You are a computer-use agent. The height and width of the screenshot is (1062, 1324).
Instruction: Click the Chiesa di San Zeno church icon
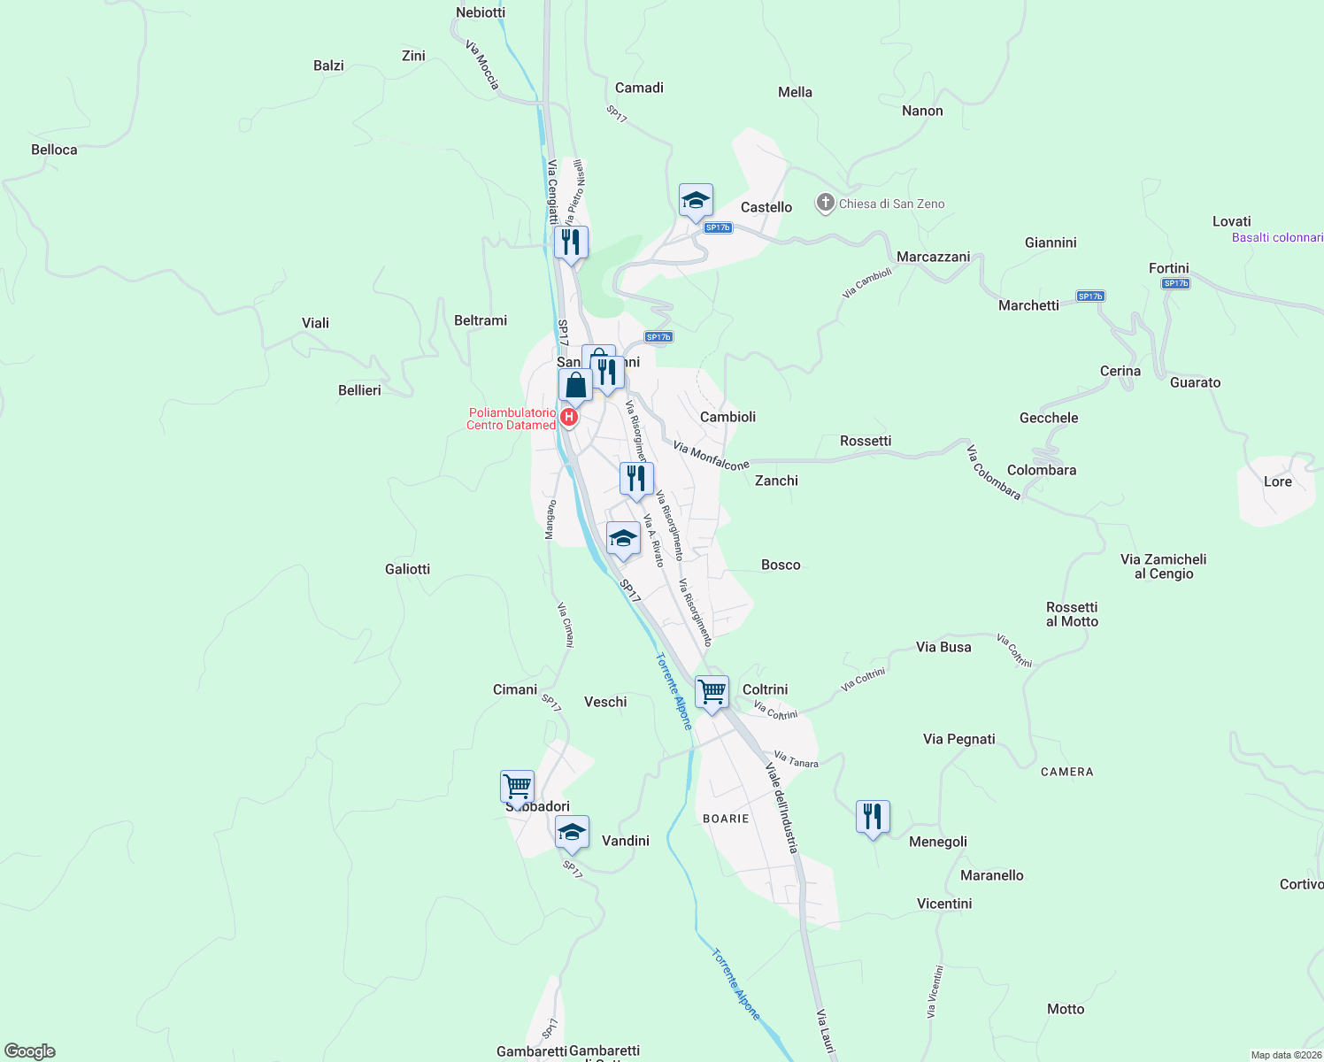click(825, 204)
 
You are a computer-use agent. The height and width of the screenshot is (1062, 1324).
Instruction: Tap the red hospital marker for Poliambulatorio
click(570, 417)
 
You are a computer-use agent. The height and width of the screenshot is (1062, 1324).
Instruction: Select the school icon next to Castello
click(696, 201)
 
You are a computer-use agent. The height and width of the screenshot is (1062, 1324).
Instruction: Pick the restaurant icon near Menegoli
click(873, 817)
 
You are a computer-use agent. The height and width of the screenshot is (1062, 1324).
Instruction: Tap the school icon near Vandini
click(572, 833)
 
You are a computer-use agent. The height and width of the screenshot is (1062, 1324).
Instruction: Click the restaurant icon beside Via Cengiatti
click(571, 242)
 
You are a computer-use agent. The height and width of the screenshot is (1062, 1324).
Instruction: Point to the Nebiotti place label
click(481, 12)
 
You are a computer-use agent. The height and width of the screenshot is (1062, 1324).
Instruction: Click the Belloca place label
click(54, 150)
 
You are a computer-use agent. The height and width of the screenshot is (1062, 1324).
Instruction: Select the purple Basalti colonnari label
click(1277, 237)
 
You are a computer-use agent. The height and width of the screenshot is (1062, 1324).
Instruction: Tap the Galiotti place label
click(407, 569)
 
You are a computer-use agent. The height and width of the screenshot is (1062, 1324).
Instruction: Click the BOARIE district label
click(726, 819)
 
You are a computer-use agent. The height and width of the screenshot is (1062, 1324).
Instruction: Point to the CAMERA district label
click(1066, 772)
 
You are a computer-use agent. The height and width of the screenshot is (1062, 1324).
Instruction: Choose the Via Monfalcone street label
click(711, 456)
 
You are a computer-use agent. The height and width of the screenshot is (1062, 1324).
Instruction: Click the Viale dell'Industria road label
click(781, 809)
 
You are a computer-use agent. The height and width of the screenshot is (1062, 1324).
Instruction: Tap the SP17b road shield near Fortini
click(1175, 283)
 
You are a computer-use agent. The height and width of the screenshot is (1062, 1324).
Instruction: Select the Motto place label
click(1065, 1009)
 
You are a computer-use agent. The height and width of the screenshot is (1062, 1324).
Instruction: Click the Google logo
click(30, 1051)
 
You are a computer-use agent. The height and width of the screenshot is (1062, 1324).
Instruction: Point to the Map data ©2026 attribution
click(1286, 1055)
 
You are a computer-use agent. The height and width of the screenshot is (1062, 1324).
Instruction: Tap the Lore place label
click(1277, 481)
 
